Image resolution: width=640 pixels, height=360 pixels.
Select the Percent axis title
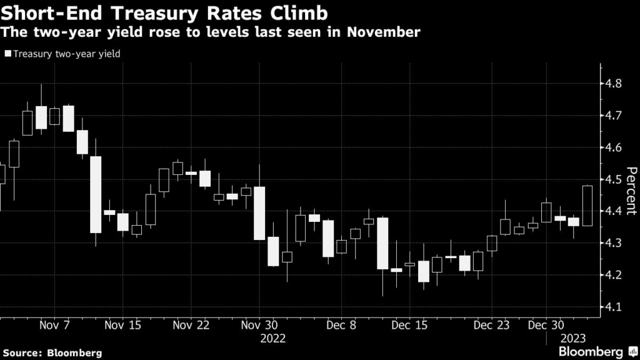click(x=631, y=191)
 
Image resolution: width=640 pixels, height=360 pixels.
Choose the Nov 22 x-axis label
click(x=190, y=326)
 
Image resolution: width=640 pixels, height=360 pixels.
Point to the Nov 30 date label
click(x=258, y=326)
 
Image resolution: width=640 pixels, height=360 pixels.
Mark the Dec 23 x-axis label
click(x=491, y=326)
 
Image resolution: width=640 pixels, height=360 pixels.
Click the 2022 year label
click(x=273, y=338)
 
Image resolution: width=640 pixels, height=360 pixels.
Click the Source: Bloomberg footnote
click(x=51, y=352)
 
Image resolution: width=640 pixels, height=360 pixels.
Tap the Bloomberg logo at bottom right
click(x=594, y=352)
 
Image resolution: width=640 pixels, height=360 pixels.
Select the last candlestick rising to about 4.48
click(x=587, y=206)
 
